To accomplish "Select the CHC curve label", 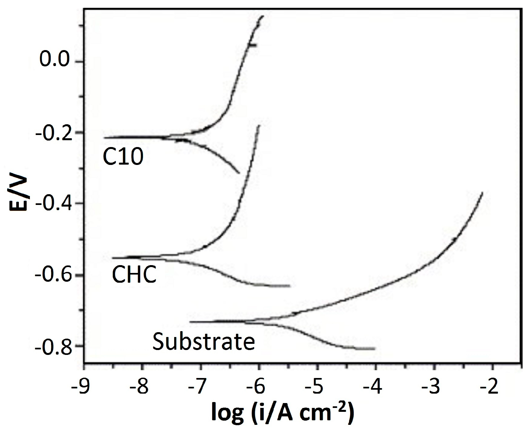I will point(134,275).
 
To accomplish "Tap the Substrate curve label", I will point(204,342).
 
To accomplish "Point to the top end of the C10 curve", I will point(263,16).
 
